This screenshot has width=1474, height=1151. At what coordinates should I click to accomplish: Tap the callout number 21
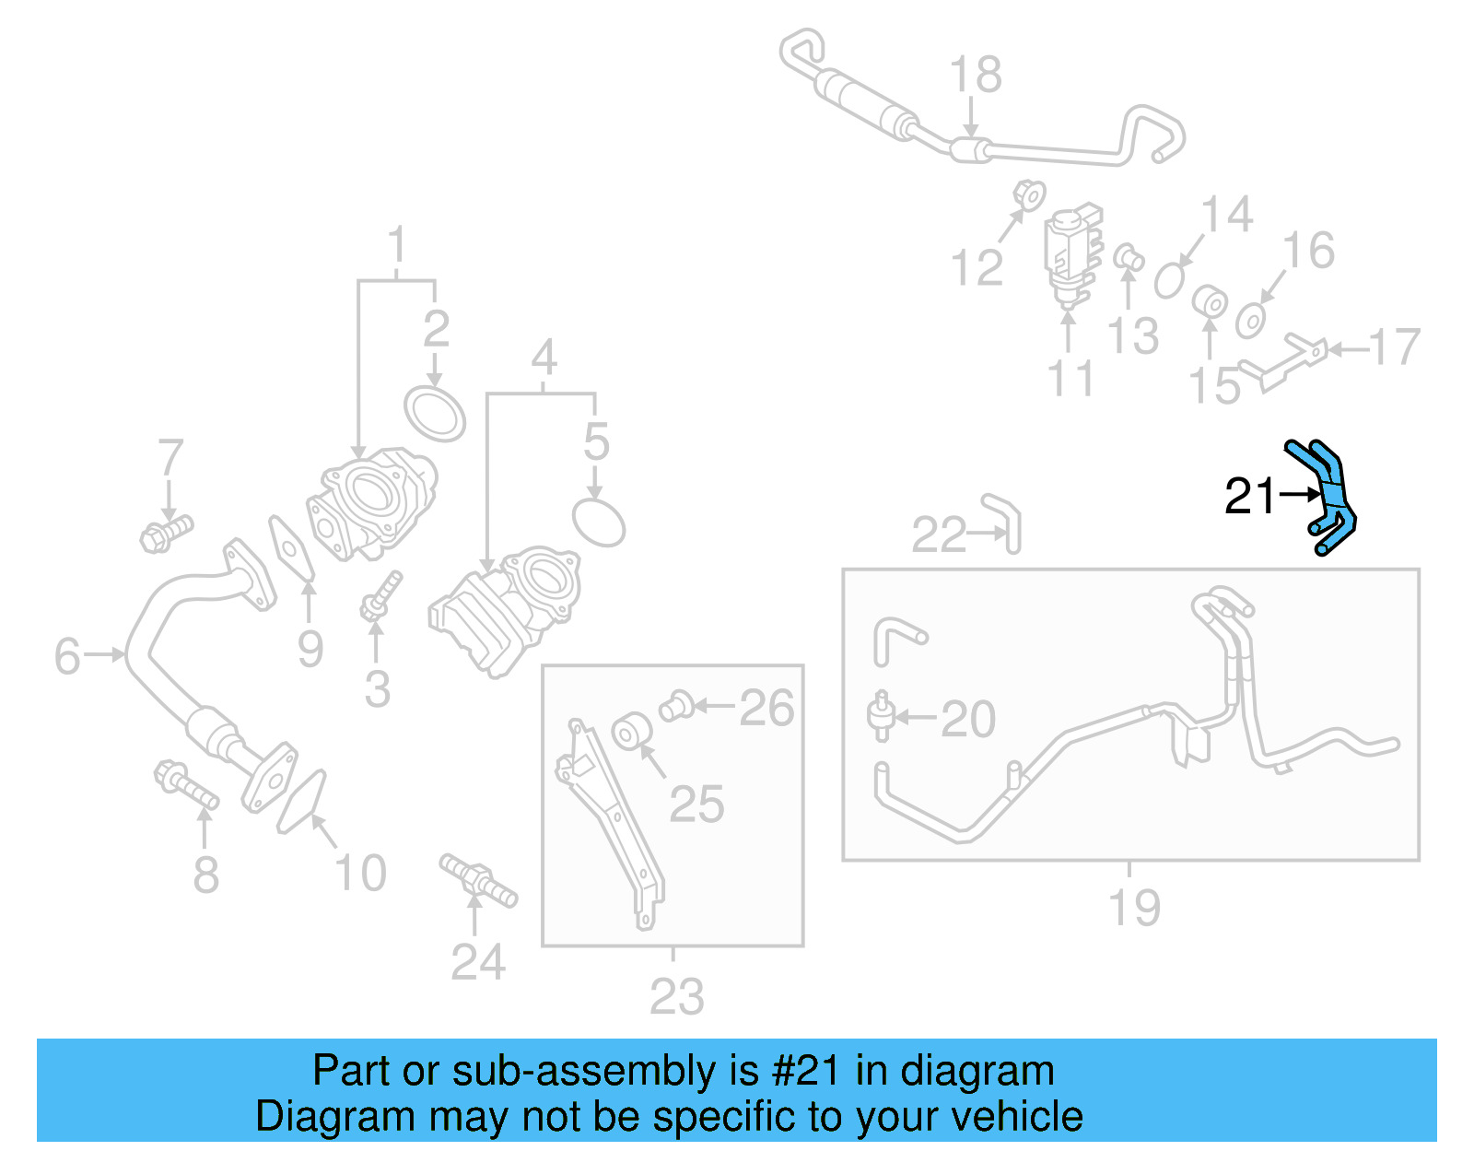[x=1250, y=497]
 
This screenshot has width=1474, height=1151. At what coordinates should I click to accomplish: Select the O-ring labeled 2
[x=435, y=414]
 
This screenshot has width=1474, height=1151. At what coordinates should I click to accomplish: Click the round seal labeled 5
[x=599, y=523]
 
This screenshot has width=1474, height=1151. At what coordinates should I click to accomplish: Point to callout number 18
[x=975, y=75]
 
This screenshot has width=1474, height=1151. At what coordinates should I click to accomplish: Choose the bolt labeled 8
[x=186, y=785]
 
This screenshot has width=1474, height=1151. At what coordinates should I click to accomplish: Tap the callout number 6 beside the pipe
[x=67, y=656]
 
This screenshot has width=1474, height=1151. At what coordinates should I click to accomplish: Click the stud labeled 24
[x=478, y=879]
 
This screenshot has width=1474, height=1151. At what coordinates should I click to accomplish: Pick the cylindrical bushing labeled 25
[x=632, y=731]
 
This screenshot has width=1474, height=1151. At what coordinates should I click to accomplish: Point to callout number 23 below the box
[x=677, y=996]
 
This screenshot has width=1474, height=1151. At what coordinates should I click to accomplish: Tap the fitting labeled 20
[x=882, y=716]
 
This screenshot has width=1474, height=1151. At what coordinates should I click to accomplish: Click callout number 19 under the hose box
[x=1134, y=908]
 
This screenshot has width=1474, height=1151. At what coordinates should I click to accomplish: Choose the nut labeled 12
[x=1029, y=196]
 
